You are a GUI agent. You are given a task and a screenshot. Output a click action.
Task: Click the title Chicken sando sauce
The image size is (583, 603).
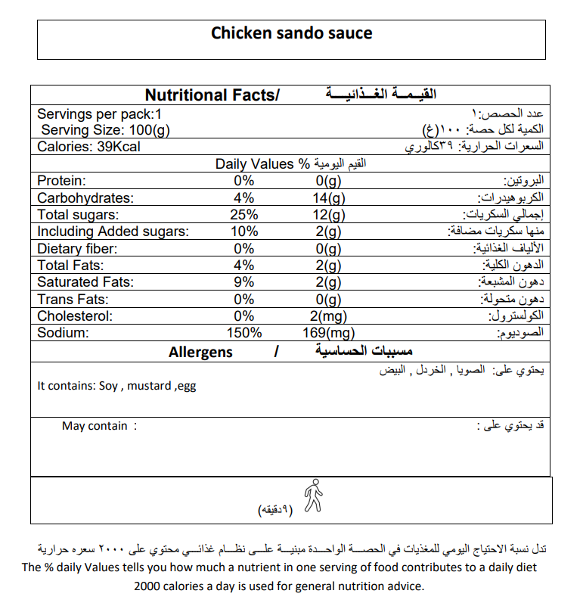pos(291,33)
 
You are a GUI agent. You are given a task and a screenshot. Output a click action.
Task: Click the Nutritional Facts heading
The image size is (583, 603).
pos(212,95)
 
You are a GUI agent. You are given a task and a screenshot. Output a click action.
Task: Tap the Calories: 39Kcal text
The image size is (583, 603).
pos(88,147)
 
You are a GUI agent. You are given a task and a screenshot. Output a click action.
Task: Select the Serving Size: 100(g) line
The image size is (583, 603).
pos(105,130)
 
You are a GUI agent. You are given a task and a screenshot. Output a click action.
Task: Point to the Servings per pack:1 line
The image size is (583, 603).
pos(100,114)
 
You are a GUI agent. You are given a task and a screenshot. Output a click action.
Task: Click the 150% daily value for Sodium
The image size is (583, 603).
pos(244,333)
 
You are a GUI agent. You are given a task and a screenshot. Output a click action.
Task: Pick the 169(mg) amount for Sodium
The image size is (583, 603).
pos(329,333)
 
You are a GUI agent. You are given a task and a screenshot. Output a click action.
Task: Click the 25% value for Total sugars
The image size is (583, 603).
pos(244,215)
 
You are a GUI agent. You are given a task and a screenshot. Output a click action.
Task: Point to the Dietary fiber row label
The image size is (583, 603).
pos(77,248)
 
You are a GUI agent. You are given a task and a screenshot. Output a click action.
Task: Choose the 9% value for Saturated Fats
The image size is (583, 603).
pos(244,282)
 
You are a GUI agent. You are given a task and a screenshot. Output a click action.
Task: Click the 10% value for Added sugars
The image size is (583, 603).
pos(244,232)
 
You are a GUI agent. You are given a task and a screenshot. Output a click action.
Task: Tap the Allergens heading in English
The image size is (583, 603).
pos(200,353)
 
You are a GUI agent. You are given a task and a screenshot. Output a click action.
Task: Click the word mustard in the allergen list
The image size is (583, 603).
pos(149,386)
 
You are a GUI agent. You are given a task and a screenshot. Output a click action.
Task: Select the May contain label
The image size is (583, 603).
pos(95,426)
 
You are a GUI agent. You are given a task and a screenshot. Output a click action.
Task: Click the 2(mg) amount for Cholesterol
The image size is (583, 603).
pos(329,316)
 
